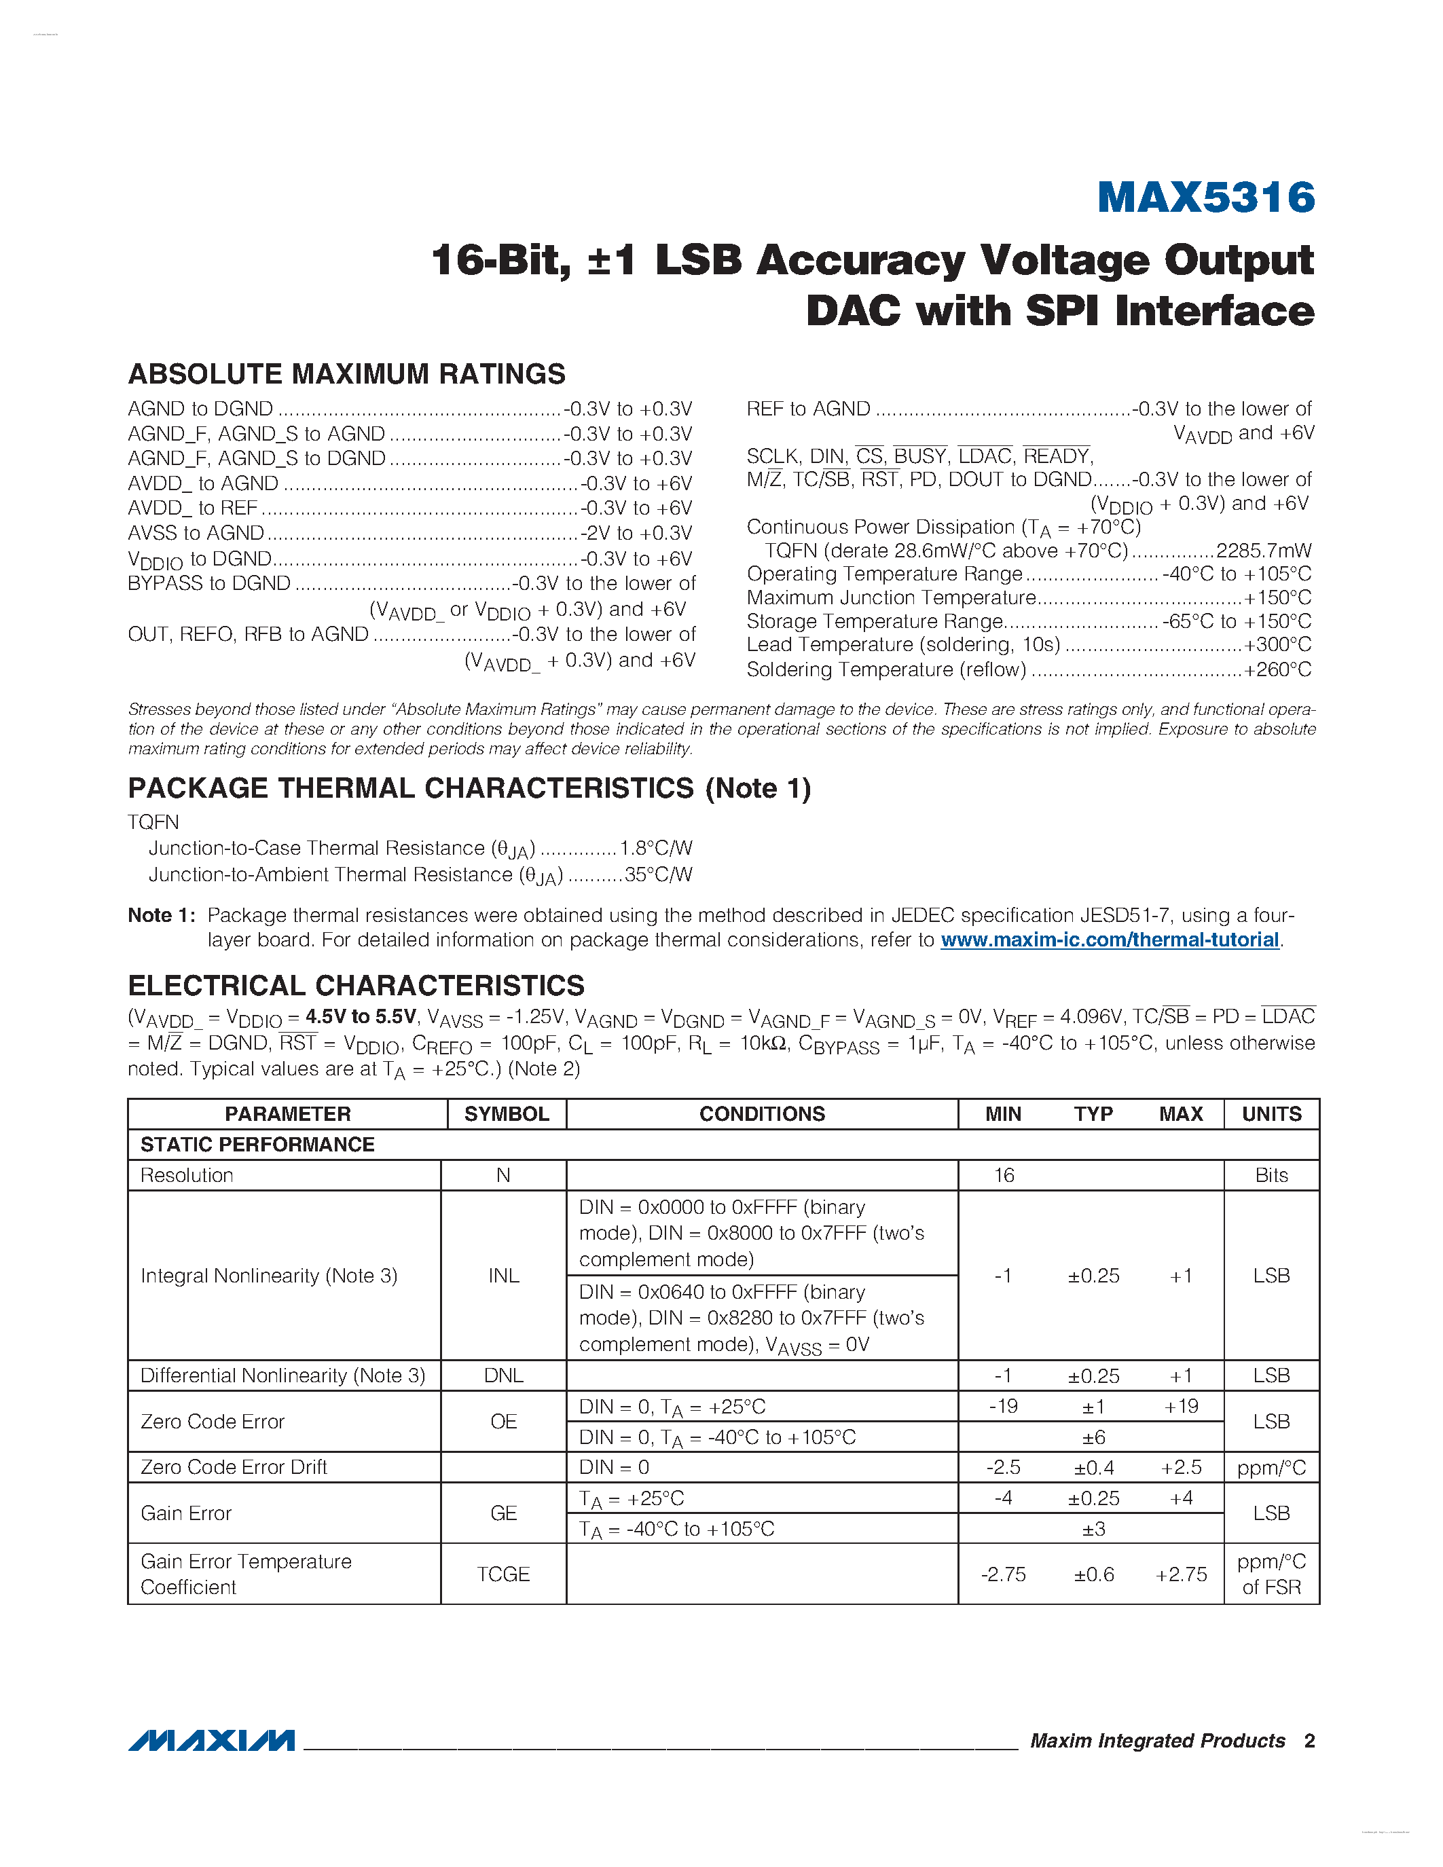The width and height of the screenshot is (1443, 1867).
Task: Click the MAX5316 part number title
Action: (x=1205, y=198)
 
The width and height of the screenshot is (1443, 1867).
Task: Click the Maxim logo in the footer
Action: (x=211, y=1741)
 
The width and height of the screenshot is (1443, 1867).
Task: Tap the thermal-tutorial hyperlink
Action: (x=1109, y=940)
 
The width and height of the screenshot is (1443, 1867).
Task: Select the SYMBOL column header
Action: (x=506, y=1114)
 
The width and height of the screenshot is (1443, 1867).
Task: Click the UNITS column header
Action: (x=1271, y=1114)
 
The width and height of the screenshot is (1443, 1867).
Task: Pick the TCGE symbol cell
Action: (x=503, y=1574)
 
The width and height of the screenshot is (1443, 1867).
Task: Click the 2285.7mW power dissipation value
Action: (x=1262, y=551)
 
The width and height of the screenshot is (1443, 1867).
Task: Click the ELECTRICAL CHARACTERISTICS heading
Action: (x=356, y=985)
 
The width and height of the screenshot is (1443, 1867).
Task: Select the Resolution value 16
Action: (x=1004, y=1175)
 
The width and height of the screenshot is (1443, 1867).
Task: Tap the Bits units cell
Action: (x=1271, y=1175)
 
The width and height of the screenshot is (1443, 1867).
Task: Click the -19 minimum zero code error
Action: (x=1003, y=1406)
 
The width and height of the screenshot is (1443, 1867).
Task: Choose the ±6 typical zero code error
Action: (x=1093, y=1437)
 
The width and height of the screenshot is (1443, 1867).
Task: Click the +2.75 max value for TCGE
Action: (x=1181, y=1574)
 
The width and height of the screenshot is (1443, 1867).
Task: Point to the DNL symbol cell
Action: (x=503, y=1375)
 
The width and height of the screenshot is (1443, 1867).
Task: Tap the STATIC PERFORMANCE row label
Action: (x=257, y=1145)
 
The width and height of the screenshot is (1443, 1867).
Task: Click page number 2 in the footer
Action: (x=1309, y=1741)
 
